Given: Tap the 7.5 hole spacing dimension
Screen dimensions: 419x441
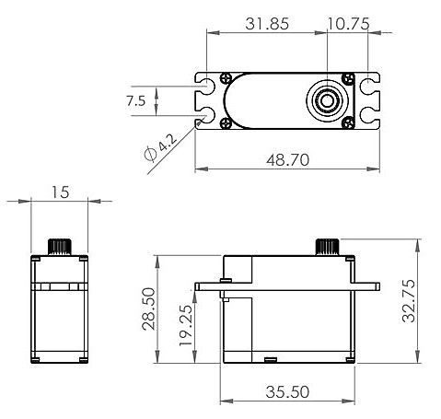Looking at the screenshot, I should (x=135, y=101).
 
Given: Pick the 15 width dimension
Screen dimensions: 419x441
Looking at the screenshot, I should (x=60, y=192).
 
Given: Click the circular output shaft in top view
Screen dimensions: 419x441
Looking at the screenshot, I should (x=327, y=99).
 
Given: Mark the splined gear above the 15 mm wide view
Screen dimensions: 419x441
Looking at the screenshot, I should (x=60, y=246).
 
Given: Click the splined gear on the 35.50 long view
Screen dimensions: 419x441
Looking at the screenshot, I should (x=328, y=246).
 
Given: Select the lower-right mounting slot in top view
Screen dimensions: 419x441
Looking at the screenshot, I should (x=369, y=116).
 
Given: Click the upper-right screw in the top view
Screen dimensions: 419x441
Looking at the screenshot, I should (x=347, y=80).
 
